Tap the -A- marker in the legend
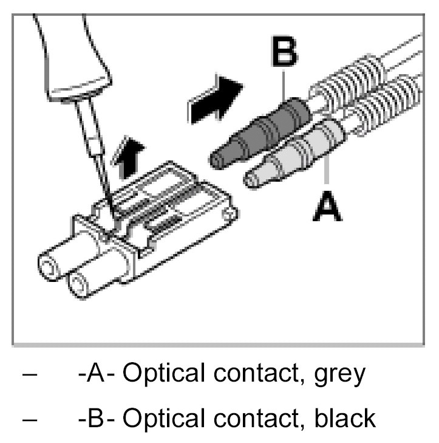point(98,373)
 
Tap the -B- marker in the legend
point(98,417)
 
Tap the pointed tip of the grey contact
point(248,178)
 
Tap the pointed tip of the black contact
point(214,160)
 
